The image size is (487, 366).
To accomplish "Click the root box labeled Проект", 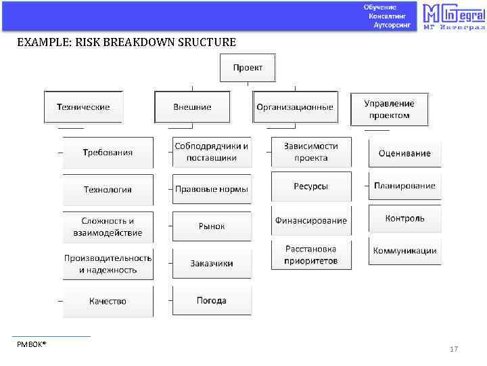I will click(248, 68).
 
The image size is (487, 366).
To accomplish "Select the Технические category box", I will click(83, 107).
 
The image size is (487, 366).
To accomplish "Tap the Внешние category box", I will click(192, 107).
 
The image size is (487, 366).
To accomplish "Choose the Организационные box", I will click(295, 107).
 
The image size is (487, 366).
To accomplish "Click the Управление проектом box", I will click(389, 109).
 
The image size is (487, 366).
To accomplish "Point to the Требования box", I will click(108, 152).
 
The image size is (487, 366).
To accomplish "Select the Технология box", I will click(108, 190).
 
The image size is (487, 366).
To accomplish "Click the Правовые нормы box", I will click(212, 189).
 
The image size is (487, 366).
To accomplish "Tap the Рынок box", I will click(212, 226).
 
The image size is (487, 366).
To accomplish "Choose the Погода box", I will click(212, 300).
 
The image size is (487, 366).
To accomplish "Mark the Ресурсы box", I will click(311, 186).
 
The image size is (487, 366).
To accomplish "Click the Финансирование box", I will click(311, 221).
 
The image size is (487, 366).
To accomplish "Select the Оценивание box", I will click(404, 153).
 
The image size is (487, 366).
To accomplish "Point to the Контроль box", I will click(404, 218).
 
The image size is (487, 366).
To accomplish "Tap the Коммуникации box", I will click(404, 251).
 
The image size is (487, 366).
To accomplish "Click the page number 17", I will click(454, 350).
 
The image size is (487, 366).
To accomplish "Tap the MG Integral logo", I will click(453, 17).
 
